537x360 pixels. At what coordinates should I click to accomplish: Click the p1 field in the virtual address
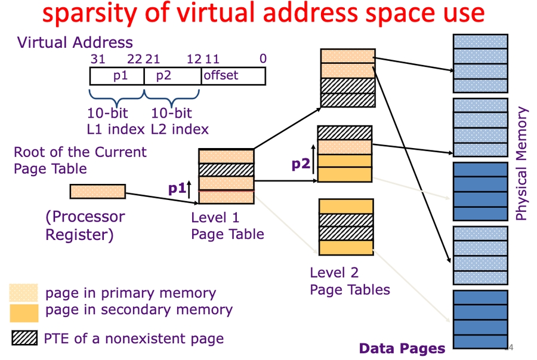pos(117,76)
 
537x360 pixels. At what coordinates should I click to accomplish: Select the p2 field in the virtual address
pos(172,76)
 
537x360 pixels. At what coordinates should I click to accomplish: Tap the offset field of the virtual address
pos(233,76)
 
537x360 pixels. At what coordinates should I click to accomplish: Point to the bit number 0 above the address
pos(263,59)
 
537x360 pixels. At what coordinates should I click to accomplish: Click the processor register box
pos(98,191)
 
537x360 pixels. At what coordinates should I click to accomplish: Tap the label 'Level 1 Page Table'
pos(227,226)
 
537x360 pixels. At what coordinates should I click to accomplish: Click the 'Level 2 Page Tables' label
pos(349,281)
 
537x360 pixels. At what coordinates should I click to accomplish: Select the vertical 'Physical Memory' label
pos(521,164)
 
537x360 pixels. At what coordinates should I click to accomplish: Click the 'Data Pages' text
pos(402,349)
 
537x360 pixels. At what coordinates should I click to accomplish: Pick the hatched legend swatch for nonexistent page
pos(24,339)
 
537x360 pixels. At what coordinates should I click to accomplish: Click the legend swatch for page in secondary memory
pos(24,312)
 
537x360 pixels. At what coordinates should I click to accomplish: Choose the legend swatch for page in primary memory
pos(24,293)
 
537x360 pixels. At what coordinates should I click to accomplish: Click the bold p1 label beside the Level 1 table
pos(177,189)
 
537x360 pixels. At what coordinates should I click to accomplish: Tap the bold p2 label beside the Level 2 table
pos(301,164)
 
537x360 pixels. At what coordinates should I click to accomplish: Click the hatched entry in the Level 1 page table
pos(226,170)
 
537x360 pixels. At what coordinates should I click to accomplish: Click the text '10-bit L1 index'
pos(116,121)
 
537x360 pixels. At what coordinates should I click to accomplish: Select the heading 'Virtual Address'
pos(75,42)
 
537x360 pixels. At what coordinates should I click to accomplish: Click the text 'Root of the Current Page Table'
pos(80,160)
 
